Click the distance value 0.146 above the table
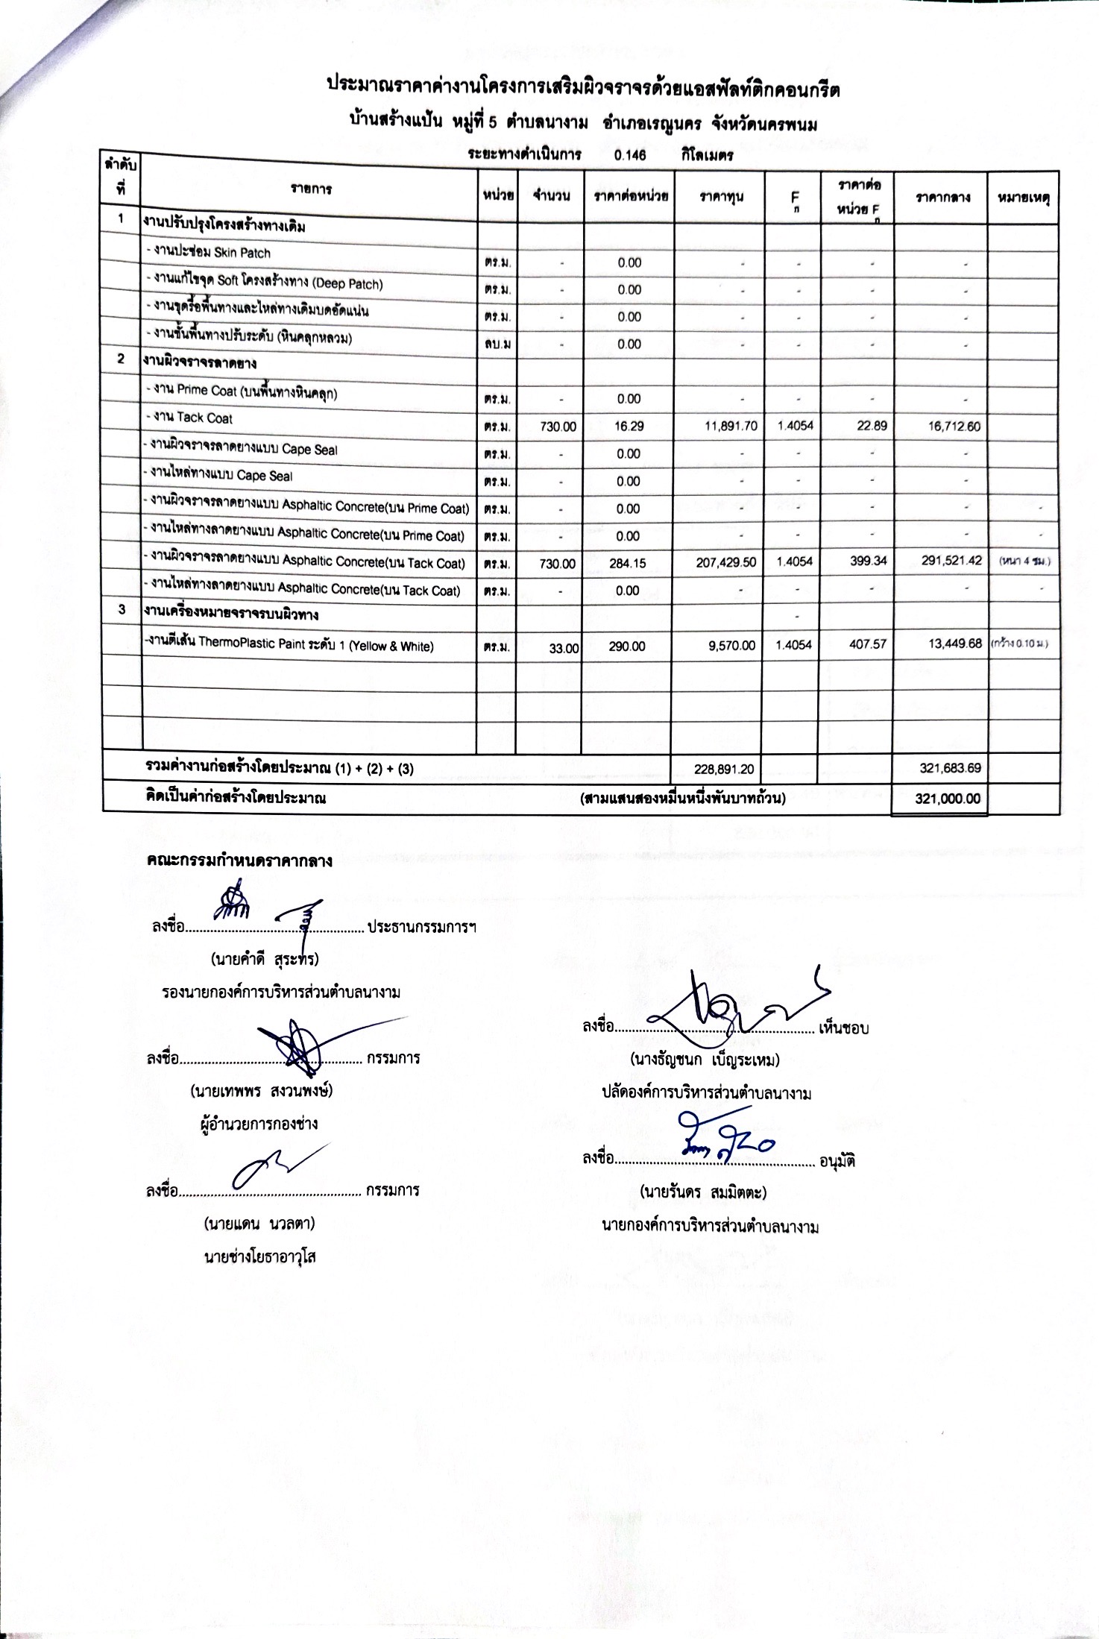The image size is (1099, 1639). coord(630,156)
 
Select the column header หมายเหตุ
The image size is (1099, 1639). coord(1023,198)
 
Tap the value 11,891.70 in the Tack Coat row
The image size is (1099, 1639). coord(731,426)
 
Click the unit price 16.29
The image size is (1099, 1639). coord(629,426)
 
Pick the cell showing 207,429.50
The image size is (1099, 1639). coord(726,563)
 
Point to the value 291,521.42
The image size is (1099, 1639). coord(951,561)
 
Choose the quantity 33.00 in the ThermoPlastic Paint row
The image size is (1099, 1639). coord(564,648)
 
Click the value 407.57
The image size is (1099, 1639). coord(868,644)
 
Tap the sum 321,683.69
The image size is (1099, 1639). coord(950,768)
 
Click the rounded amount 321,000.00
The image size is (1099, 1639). coord(948,799)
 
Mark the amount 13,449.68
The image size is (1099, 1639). coord(954,644)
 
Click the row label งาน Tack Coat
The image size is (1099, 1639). coord(189,418)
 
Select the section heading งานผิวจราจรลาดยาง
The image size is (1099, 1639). coord(200,363)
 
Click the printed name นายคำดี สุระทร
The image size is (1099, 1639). coord(265,959)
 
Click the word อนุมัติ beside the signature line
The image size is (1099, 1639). coord(837,1161)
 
